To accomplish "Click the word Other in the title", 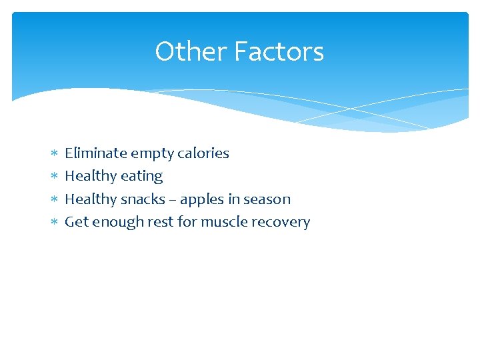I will (182, 51).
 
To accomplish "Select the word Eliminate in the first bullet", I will (95, 153).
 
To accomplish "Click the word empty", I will (151, 154).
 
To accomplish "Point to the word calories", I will (203, 153).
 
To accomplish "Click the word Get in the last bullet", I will (77, 222).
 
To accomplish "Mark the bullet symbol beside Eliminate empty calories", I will (53, 154).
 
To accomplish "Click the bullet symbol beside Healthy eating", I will (53, 177).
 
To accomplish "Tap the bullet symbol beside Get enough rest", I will (53, 223).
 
